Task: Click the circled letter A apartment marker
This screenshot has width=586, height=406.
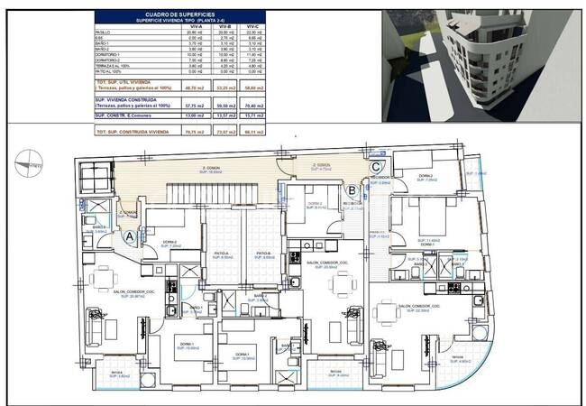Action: pyautogui.click(x=130, y=235)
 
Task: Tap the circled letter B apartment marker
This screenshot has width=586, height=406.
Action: pyautogui.click(x=351, y=190)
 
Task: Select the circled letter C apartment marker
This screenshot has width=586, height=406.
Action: pyautogui.click(x=375, y=165)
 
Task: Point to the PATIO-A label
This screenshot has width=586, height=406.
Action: pyautogui.click(x=221, y=254)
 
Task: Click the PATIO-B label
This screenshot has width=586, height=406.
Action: pyautogui.click(x=263, y=254)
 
